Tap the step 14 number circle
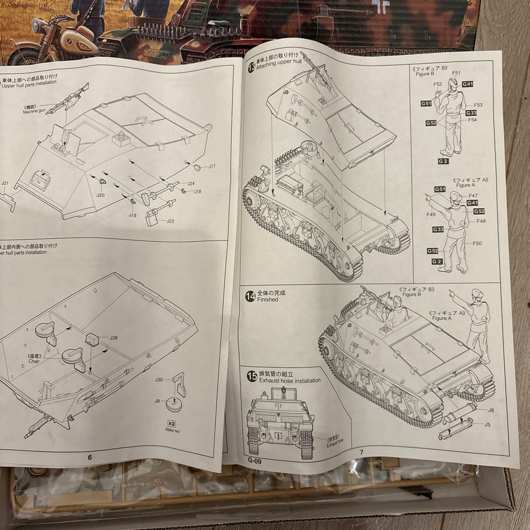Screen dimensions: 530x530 coord(251,295)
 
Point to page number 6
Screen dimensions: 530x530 coord(90,457)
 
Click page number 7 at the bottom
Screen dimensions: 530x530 coord(361,452)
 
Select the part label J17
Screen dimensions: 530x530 coord(212,167)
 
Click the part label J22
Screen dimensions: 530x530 coord(170,221)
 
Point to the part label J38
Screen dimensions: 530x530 coord(114,338)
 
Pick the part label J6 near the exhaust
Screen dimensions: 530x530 coord(491,410)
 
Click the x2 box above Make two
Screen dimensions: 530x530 coord(171,423)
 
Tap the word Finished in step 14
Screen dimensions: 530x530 coord(268,299)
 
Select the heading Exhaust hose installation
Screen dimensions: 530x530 coord(290,380)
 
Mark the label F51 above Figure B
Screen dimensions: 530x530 coord(456,73)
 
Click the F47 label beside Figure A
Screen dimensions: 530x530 coord(473,196)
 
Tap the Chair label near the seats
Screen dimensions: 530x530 coord(34,361)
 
